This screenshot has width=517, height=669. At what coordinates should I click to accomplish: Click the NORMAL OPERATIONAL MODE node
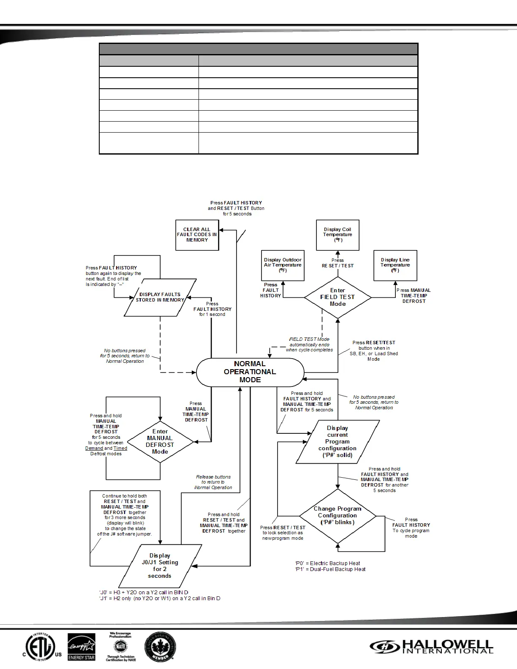pyautogui.click(x=250, y=372)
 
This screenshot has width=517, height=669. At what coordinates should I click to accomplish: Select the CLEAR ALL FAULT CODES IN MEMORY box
pyautogui.click(x=197, y=235)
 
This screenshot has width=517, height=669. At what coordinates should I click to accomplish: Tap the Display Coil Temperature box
pyautogui.click(x=337, y=235)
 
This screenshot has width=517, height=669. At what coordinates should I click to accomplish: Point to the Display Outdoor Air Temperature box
pyautogui.click(x=283, y=265)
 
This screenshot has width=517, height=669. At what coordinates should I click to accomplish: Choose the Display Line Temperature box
pyautogui.click(x=395, y=265)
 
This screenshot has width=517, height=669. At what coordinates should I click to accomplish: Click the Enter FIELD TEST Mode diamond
pyautogui.click(x=337, y=297)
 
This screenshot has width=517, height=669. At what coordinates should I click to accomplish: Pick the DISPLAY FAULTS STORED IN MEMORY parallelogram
pyautogui.click(x=160, y=297)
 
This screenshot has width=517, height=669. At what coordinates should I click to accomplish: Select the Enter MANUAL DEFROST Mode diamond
pyautogui.click(x=160, y=442)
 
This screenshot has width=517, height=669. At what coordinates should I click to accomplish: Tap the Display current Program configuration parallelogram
pyautogui.click(x=337, y=442)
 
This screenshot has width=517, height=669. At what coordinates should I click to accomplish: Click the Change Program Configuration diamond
pyautogui.click(x=337, y=516)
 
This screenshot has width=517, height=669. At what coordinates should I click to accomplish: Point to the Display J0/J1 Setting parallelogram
pyautogui.click(x=160, y=566)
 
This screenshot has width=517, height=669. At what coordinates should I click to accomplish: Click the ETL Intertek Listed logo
pyautogui.click(x=41, y=647)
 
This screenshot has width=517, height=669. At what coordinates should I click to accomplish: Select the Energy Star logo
pyautogui.click(x=82, y=647)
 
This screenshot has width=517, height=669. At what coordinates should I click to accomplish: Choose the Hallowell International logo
pyautogui.click(x=432, y=647)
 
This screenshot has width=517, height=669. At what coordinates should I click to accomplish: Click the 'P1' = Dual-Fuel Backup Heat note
pyautogui.click(x=330, y=569)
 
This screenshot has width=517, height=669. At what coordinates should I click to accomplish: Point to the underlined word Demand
pyautogui.click(x=94, y=449)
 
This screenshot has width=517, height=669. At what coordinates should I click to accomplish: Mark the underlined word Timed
pyautogui.click(x=120, y=449)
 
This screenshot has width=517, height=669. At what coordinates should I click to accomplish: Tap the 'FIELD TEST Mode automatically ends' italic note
pyautogui.click(x=309, y=345)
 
